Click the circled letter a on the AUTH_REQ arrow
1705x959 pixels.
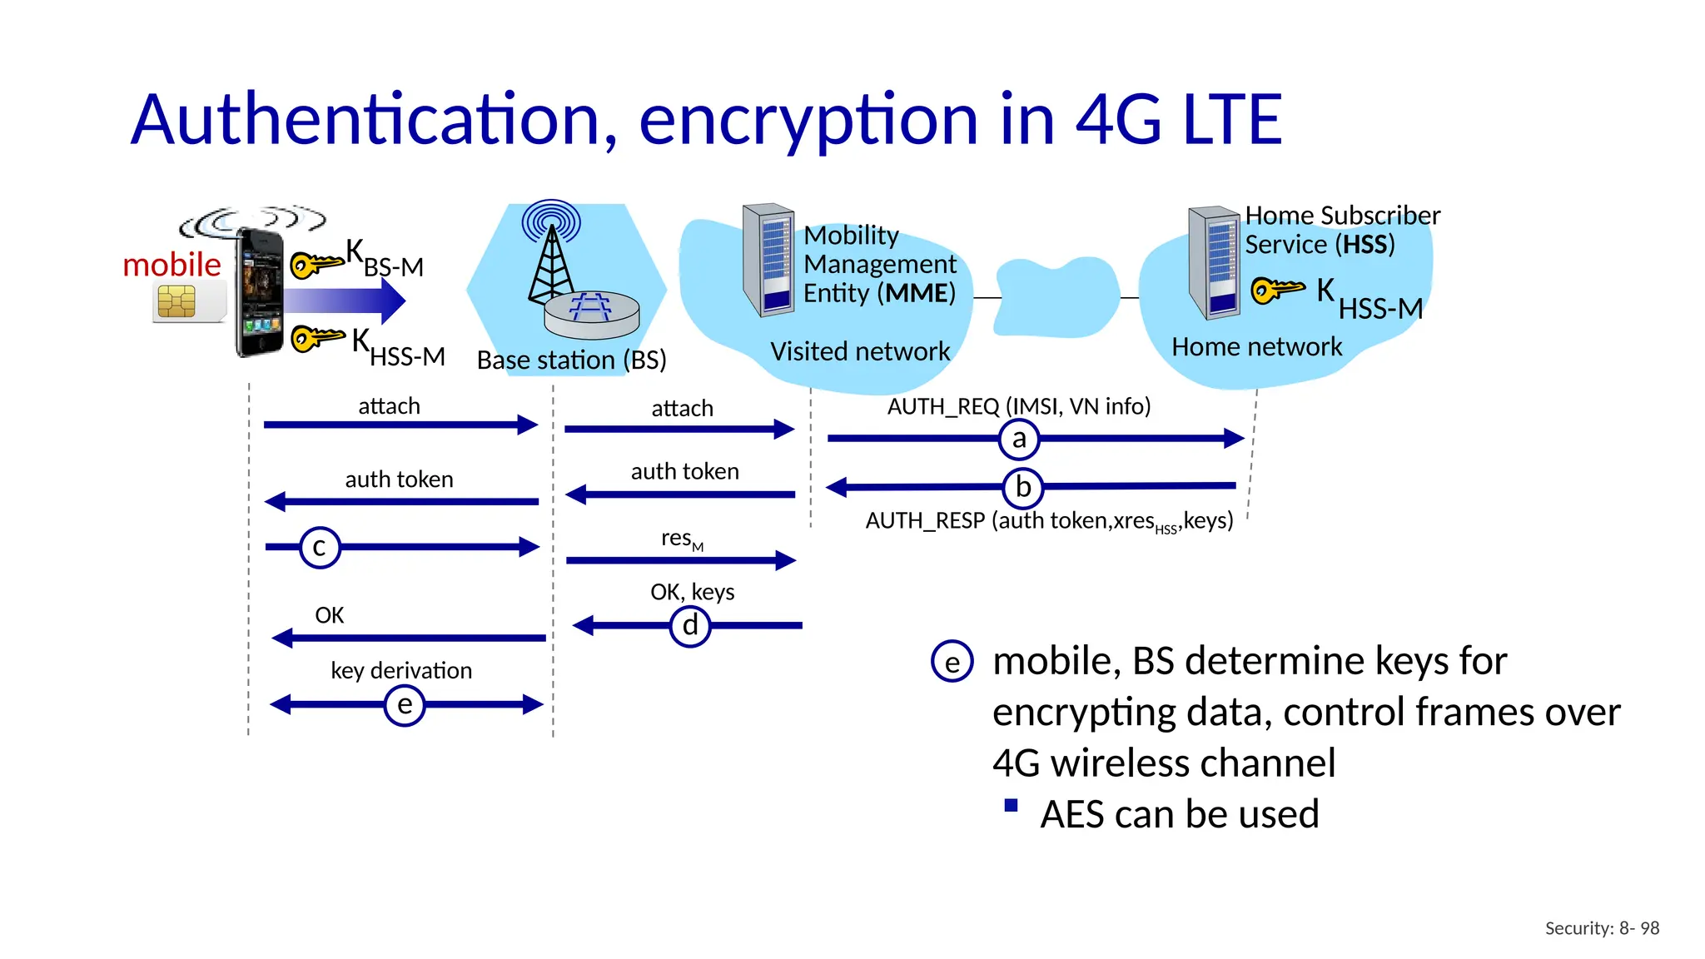pyautogui.click(x=1019, y=439)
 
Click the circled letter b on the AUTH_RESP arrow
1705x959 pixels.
pyautogui.click(x=1023, y=487)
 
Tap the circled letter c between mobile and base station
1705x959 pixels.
pyautogui.click(x=320, y=547)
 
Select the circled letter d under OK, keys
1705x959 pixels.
pyautogui.click(x=690, y=625)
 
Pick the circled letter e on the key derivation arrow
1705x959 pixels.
pyautogui.click(x=405, y=705)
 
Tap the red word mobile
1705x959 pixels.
pyautogui.click(x=171, y=265)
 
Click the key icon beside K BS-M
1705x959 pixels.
pyautogui.click(x=316, y=264)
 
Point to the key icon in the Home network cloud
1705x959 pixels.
pyautogui.click(x=1277, y=290)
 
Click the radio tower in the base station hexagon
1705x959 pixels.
pyautogui.click(x=550, y=254)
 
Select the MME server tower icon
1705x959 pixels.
pyautogui.click(x=768, y=260)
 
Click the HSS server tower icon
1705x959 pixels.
pyautogui.click(x=1215, y=263)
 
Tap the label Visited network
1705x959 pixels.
pyautogui.click(x=859, y=351)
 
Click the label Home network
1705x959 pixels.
pyautogui.click(x=1256, y=346)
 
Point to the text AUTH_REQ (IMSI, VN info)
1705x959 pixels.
pyautogui.click(x=1019, y=406)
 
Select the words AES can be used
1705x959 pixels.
pyautogui.click(x=1179, y=814)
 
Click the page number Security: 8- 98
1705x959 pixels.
pyautogui.click(x=1602, y=928)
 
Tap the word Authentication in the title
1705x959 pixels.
pyautogui.click(x=375, y=120)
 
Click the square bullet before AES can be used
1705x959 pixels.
pyautogui.click(x=1011, y=805)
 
